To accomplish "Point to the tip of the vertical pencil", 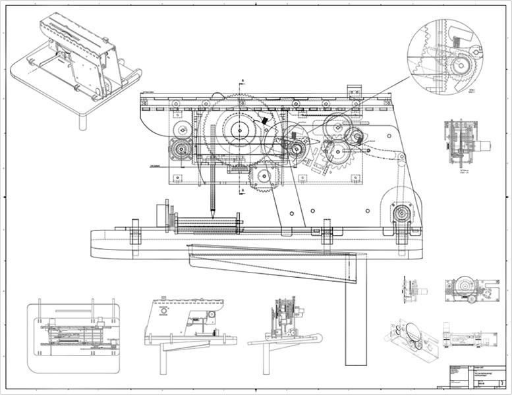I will pyautogui.click(x=214, y=213).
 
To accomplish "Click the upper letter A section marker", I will pyautogui.click(x=242, y=80).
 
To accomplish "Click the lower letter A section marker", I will pyautogui.click(x=242, y=190).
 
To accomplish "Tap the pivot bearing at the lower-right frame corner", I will pyautogui.click(x=402, y=216).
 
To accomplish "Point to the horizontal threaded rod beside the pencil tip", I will pyautogui.click(x=204, y=223).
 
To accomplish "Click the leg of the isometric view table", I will pyautogui.click(x=82, y=122).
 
